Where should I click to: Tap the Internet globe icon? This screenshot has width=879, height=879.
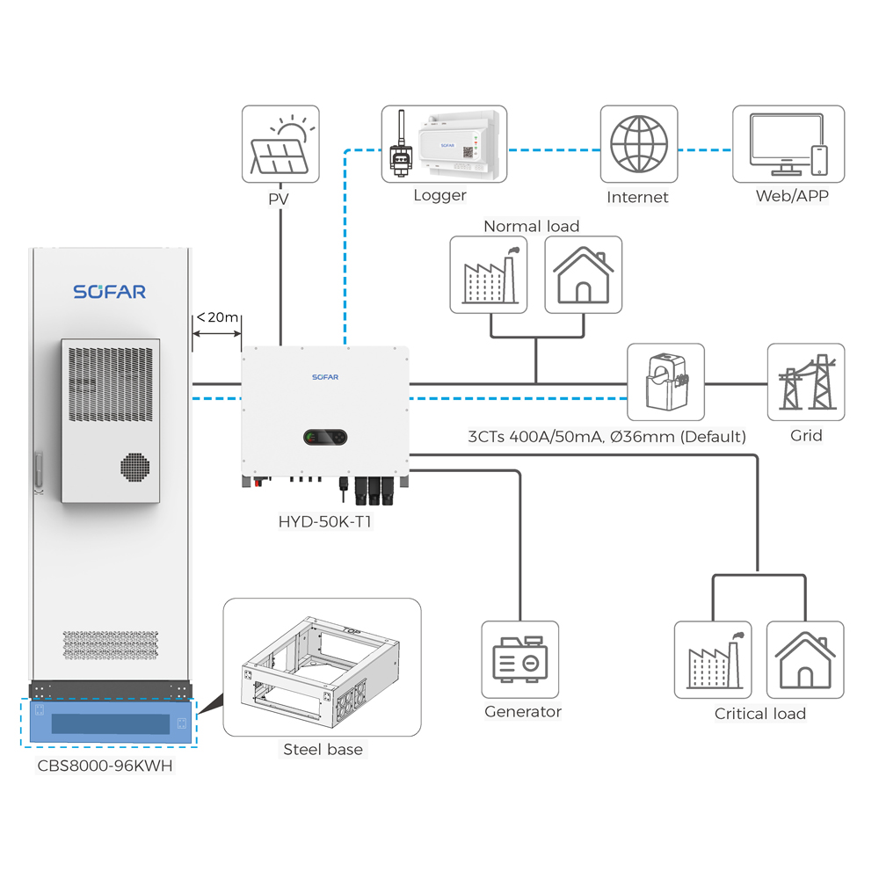coord(638,144)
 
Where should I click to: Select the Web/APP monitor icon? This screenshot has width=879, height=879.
coord(788,144)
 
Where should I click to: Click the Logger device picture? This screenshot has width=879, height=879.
coord(444,144)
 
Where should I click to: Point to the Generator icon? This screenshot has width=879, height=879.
coord(519,660)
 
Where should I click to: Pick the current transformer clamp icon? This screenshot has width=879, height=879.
coord(666,381)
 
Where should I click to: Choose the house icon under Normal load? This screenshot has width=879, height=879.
coord(583,274)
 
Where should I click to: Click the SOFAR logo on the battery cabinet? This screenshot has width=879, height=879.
coord(109,292)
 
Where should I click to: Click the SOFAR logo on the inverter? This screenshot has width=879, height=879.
coord(325,377)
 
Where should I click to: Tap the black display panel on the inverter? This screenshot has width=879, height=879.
coord(325,437)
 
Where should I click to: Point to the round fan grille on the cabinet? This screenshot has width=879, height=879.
coord(135,467)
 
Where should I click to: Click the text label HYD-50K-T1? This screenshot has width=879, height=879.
coord(325,522)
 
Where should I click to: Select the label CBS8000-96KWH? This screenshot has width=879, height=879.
coord(105,766)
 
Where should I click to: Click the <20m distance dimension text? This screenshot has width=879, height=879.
coord(217,317)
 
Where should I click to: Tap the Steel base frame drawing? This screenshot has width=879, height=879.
coord(321,671)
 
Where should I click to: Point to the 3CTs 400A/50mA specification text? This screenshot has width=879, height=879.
coord(607,437)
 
